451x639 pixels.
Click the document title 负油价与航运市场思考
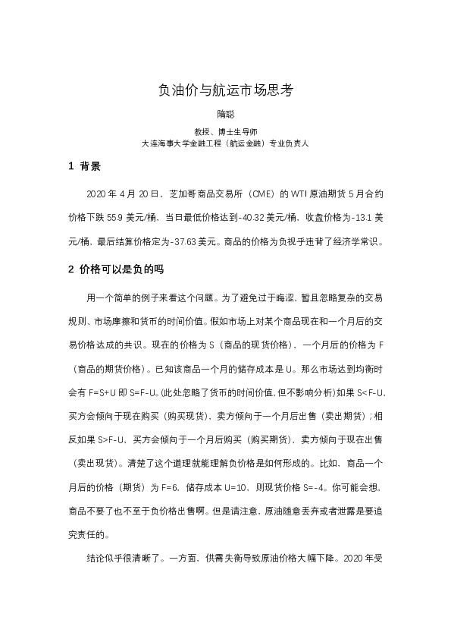225,90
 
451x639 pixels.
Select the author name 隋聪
225,115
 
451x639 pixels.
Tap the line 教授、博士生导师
225,131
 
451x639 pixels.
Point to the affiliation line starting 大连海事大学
225,142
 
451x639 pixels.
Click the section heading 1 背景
84,166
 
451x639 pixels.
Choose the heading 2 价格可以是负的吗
116,269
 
